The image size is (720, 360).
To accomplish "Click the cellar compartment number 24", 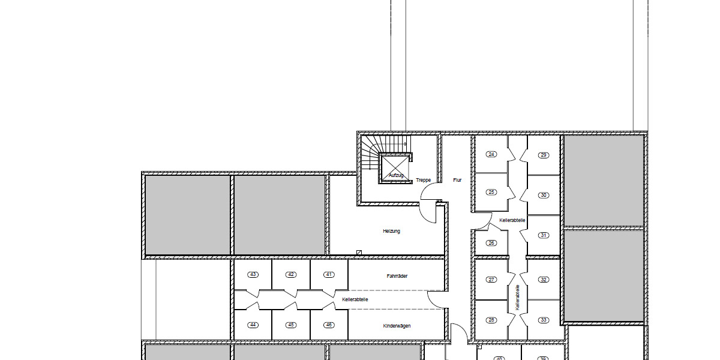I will coord(492,155).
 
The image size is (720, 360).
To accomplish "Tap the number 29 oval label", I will coord(544,155).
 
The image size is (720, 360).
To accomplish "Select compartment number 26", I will coord(492,243).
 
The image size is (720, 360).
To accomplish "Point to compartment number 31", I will coord(544,235).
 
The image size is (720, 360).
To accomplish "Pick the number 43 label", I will coord(253,275).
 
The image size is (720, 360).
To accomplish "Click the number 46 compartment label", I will coord(329,325).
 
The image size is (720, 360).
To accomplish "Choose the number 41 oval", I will coord(329,275).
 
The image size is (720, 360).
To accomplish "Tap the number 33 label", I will coord(544,320).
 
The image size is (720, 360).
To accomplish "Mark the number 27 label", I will coord(492,280).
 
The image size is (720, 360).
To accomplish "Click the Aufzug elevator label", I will coord(396,175).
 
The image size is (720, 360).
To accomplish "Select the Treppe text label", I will coord(424,180).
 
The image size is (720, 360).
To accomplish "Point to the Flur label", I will coord(457,180).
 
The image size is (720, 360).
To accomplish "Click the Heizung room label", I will coord(391,231).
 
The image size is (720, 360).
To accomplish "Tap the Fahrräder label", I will coord(397,276).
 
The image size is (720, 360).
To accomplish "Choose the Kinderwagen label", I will coord(397,326).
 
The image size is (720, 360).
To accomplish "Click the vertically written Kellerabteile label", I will coord(517,297).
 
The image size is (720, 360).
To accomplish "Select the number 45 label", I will coord(291,325).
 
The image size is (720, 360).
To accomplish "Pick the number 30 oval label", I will coord(544,195).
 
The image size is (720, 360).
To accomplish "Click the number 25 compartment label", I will coord(492,192).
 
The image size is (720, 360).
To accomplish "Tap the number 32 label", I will coord(544,280).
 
